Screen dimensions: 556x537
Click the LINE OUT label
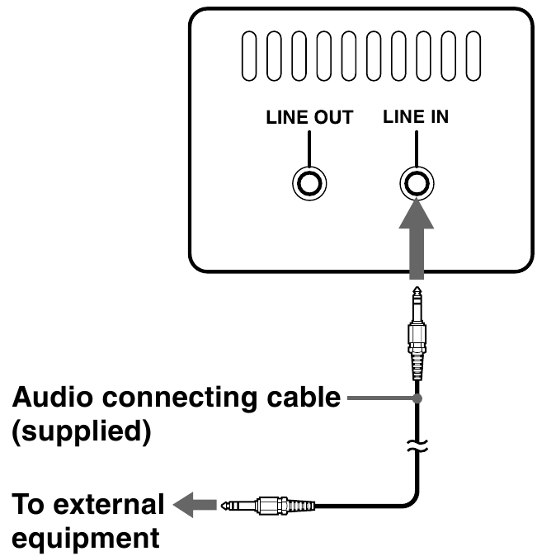tap(309, 117)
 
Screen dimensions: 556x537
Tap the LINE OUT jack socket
tap(309, 182)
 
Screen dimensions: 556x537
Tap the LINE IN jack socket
tap(416, 182)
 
